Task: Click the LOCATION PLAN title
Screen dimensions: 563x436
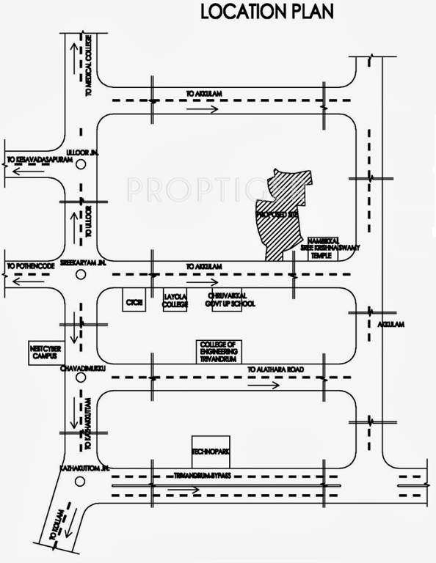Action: (x=266, y=12)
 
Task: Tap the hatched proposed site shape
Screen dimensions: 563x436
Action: (x=282, y=213)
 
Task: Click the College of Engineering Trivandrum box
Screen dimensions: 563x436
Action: (x=218, y=350)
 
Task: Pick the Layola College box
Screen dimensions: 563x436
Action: (x=176, y=300)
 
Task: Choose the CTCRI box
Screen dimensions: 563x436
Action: (x=134, y=301)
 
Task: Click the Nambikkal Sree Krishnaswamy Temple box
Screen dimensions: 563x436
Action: (x=321, y=249)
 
